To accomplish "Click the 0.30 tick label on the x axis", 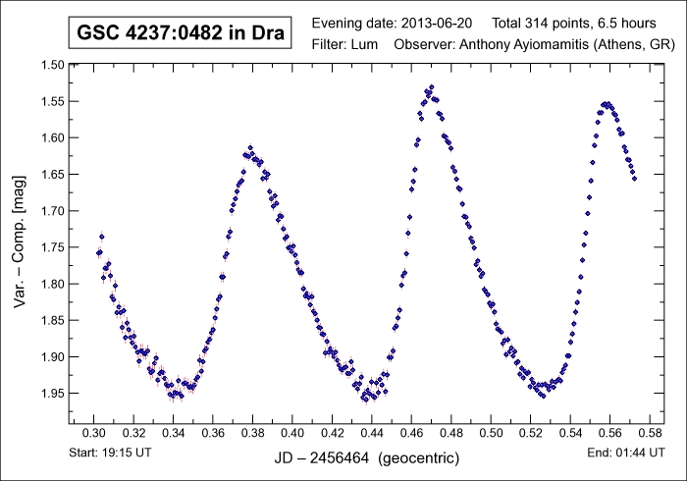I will pyautogui.click(x=93, y=433).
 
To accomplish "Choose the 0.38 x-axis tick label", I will pyautogui.click(x=252, y=433).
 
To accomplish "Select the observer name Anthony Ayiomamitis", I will pyautogui.click(x=515, y=45).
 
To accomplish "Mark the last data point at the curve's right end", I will pyautogui.click(x=634, y=179).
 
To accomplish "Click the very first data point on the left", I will pyautogui.click(x=98, y=252).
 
